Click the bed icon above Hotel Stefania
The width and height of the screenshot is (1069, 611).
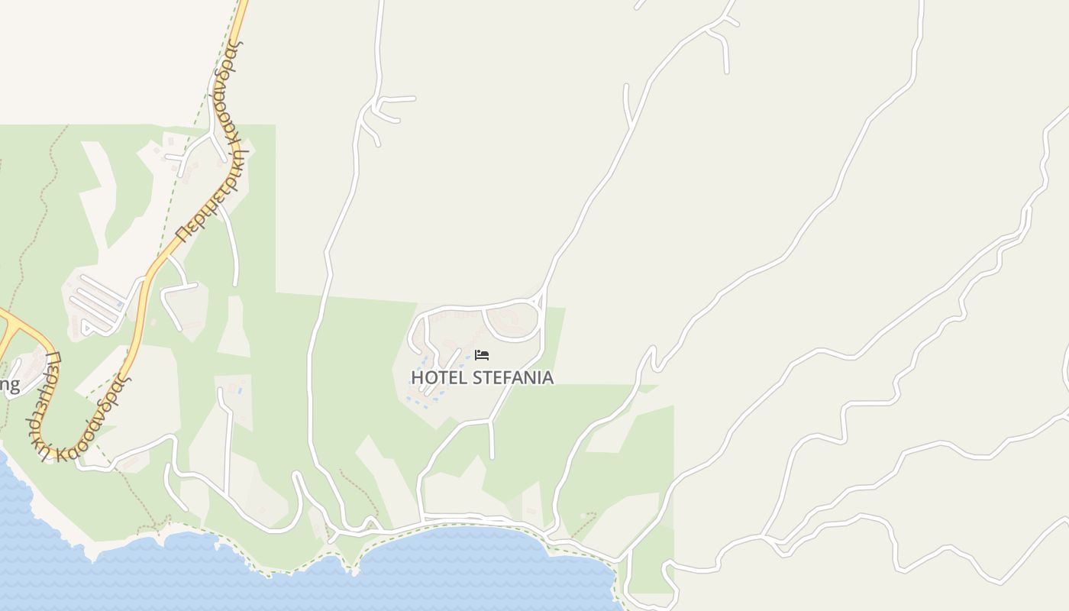tap(482, 355)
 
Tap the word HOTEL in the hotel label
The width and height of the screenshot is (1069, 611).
tap(439, 378)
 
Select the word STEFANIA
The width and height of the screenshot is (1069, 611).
tap(512, 378)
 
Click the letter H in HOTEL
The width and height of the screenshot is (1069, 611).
tap(417, 378)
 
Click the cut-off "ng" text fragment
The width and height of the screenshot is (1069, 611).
tap(9, 384)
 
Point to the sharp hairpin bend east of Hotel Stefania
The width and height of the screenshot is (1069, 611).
tap(653, 353)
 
